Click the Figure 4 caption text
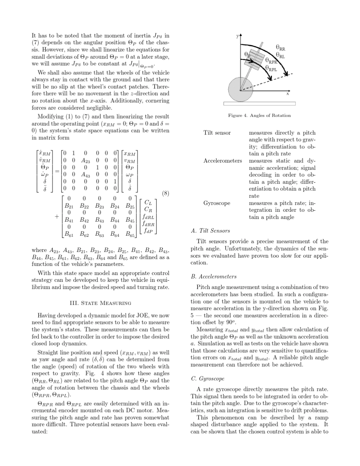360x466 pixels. click(260, 115)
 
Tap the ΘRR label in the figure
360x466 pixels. click(280, 48)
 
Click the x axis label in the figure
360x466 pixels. click(288, 94)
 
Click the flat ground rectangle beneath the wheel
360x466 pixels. click(259, 103)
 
